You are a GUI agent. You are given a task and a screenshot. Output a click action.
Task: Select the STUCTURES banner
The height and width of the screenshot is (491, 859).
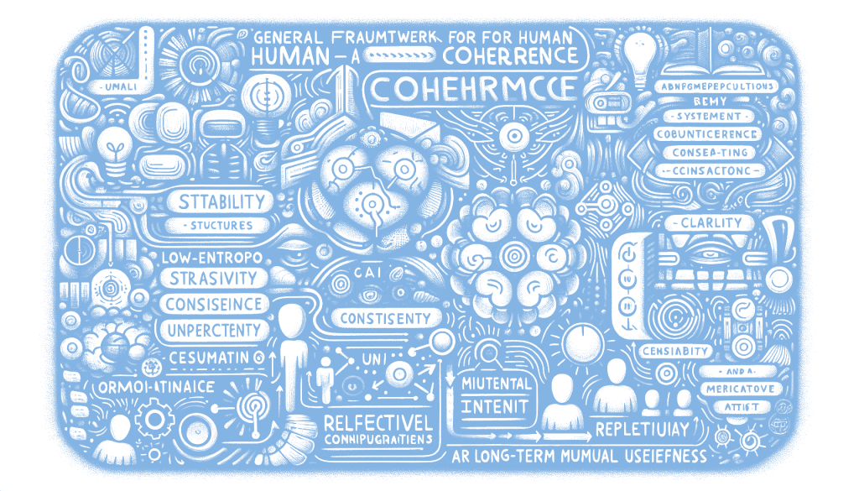click(x=221, y=225)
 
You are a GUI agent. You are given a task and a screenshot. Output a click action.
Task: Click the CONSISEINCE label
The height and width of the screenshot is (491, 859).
click(x=212, y=303)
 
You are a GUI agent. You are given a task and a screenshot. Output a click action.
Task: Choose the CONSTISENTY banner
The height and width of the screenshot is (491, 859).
click(x=388, y=318)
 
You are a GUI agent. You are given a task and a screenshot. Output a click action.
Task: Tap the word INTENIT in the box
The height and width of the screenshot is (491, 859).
click(x=495, y=407)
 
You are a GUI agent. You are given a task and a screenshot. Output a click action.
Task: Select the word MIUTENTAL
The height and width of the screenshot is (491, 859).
click(x=496, y=383)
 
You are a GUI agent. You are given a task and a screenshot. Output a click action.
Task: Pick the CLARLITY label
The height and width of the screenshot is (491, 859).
click(x=707, y=223)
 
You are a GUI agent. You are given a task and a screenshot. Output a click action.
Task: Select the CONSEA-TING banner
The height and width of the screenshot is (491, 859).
click(x=709, y=153)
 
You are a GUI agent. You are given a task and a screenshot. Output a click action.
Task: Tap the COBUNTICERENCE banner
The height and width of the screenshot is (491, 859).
click(x=707, y=134)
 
